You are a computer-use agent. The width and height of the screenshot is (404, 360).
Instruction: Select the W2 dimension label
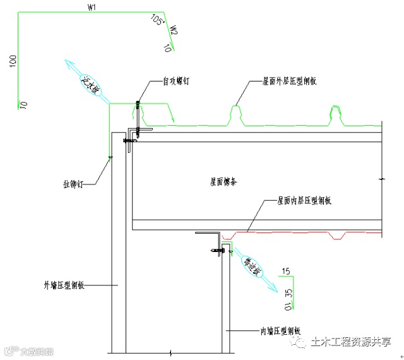point(173,30)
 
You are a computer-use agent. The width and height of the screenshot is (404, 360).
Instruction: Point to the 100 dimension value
point(13,62)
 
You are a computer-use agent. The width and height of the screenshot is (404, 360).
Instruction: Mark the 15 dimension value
point(286,272)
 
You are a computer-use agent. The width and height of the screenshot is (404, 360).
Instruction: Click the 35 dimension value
point(289,292)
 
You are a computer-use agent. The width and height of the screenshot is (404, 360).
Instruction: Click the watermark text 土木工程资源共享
point(350,342)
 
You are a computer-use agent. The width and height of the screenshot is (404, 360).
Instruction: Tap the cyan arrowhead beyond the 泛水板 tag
point(68,63)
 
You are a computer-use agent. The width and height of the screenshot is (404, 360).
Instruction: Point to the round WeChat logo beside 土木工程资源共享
point(297,342)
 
